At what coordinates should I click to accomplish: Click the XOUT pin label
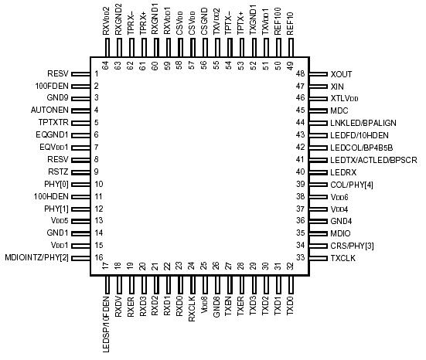point(341,73)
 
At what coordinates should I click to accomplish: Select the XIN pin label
point(337,86)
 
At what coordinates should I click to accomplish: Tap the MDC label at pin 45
point(339,110)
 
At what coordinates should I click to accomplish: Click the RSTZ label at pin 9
point(59,172)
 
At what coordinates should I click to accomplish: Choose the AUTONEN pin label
point(50,110)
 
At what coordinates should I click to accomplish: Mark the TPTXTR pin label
point(53,123)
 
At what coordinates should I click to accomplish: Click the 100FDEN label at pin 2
point(52,86)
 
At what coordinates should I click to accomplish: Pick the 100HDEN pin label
point(52,196)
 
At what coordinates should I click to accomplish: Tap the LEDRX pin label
point(343,172)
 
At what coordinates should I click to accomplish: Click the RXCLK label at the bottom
point(192,310)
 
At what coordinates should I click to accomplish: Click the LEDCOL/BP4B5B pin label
point(362,147)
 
